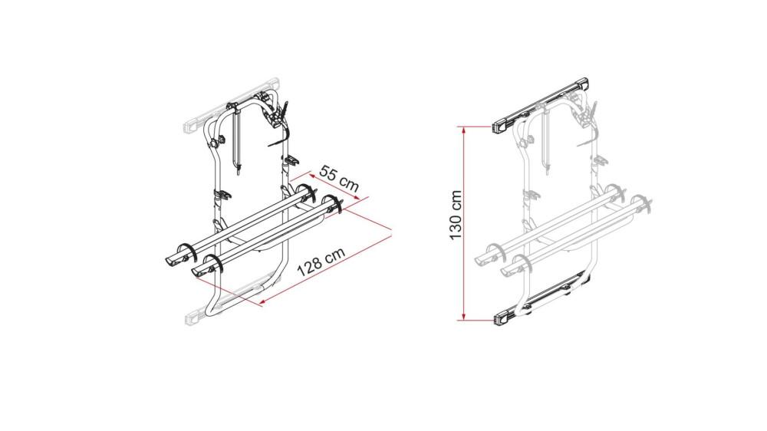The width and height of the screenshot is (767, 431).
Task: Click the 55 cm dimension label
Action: tap(340, 178)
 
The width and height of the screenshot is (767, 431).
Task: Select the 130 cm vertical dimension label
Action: tap(455, 215)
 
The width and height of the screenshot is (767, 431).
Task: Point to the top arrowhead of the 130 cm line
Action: tap(465, 131)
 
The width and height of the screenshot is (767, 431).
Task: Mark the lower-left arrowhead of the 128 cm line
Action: tap(264, 303)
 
